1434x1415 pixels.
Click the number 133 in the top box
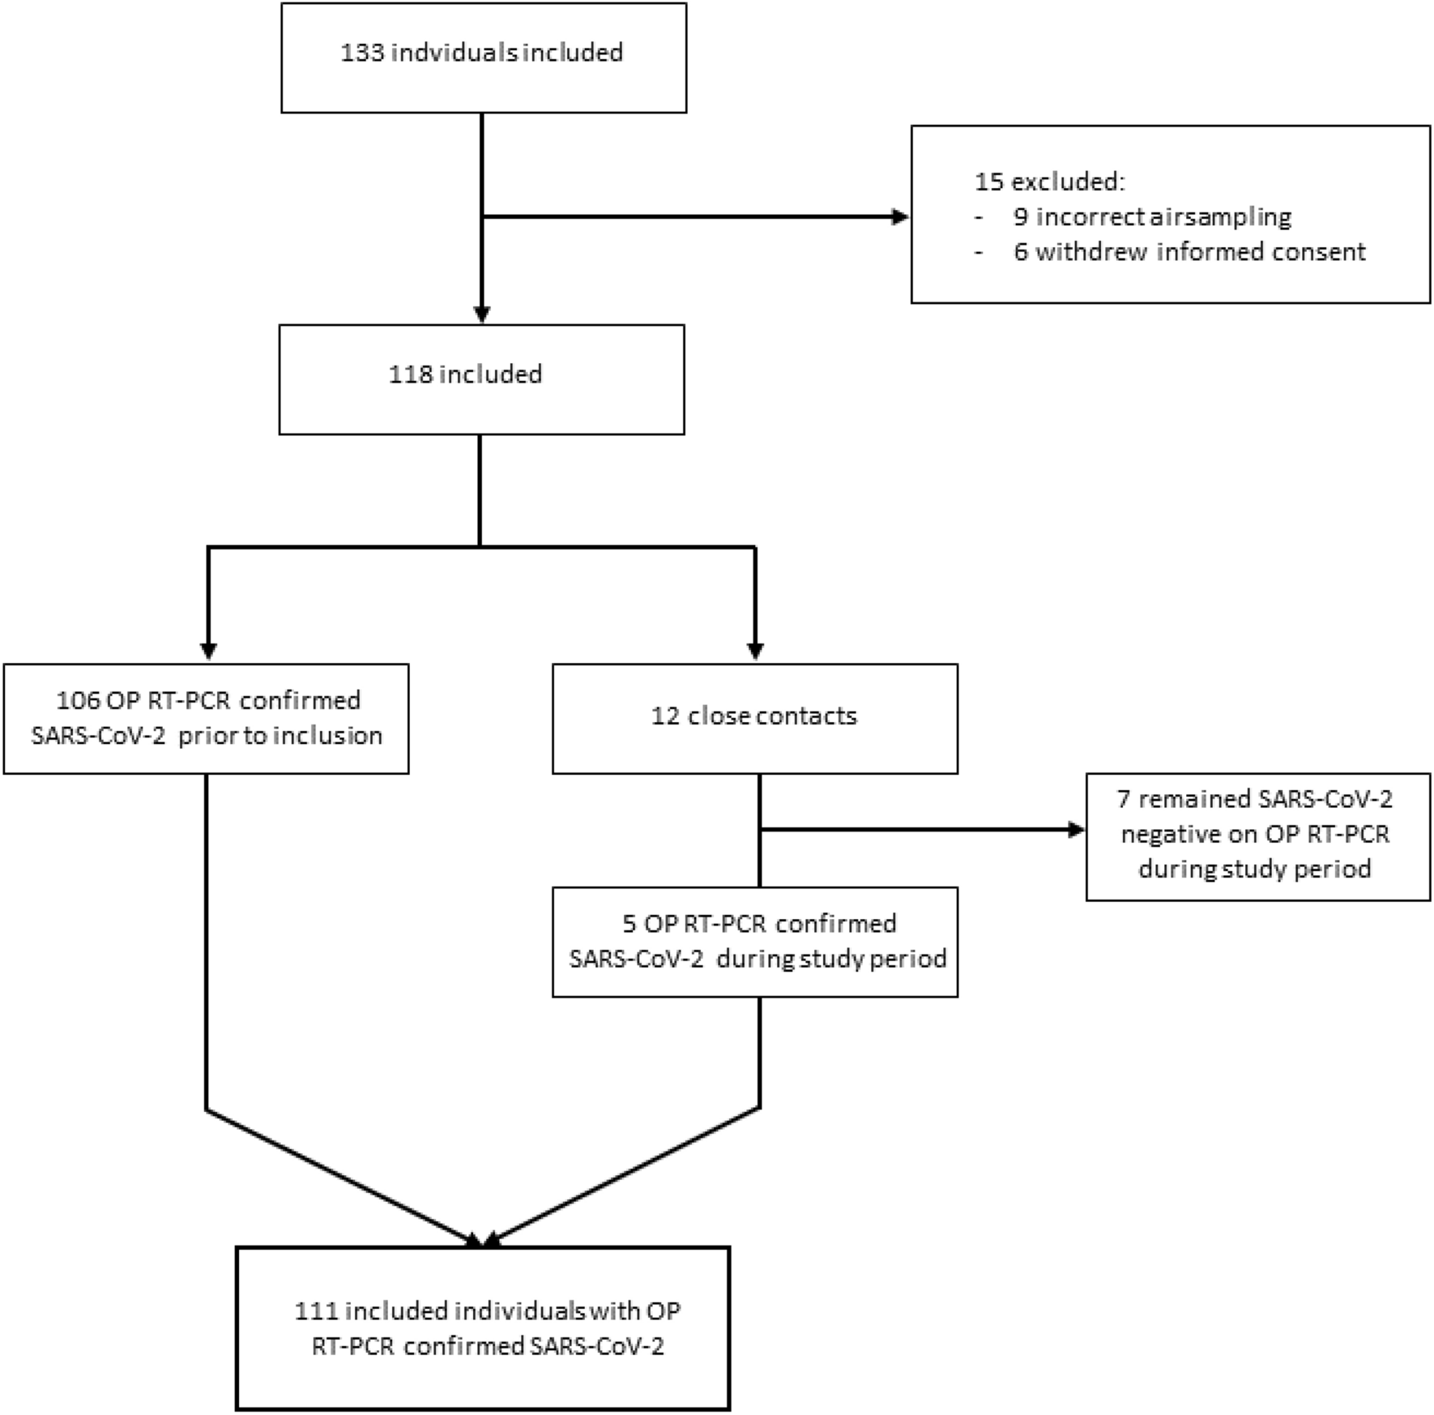click(x=361, y=53)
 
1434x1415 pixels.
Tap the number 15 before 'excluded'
click(x=989, y=182)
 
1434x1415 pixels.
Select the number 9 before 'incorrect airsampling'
click(x=1021, y=217)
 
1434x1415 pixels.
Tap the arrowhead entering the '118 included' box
click(x=481, y=314)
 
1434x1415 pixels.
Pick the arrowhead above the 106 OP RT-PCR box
click(x=208, y=651)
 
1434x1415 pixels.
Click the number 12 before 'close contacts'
click(x=665, y=716)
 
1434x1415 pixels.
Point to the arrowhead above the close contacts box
click(x=755, y=651)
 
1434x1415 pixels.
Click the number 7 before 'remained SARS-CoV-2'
click(x=1123, y=800)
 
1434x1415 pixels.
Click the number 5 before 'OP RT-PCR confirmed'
click(x=629, y=924)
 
